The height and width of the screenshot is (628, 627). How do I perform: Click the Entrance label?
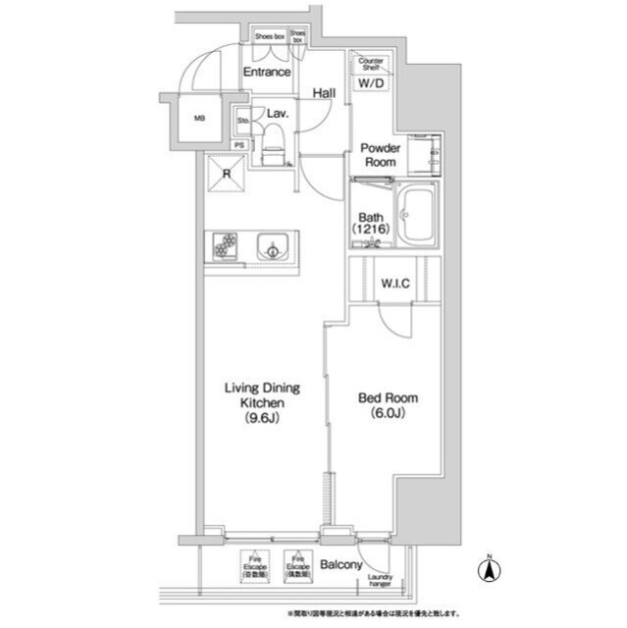coord(267,73)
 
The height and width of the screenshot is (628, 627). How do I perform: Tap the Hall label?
coord(325,93)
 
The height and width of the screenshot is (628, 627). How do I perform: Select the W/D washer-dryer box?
coord(371,83)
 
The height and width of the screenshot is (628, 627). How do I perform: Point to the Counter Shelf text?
coord(371,64)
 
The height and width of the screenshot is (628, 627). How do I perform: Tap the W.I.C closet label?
coord(394,285)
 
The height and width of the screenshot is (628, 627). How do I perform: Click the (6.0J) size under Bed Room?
coord(387,413)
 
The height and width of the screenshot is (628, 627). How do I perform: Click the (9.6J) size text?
coord(263,419)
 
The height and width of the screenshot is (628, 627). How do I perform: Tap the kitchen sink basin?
coord(269,249)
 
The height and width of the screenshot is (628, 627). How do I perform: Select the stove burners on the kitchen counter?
coord(224,247)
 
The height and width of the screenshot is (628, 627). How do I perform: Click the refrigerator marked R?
coord(227,176)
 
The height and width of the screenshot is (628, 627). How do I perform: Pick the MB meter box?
coord(199,120)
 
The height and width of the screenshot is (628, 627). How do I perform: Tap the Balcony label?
coord(340,566)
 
